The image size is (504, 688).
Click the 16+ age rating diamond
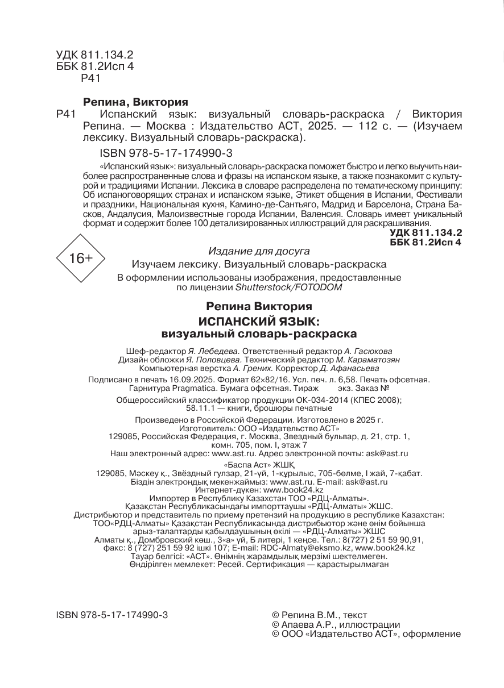pos(80,259)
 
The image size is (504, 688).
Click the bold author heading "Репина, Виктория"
pos(135,102)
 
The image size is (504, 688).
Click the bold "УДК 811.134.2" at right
pos(426,233)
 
